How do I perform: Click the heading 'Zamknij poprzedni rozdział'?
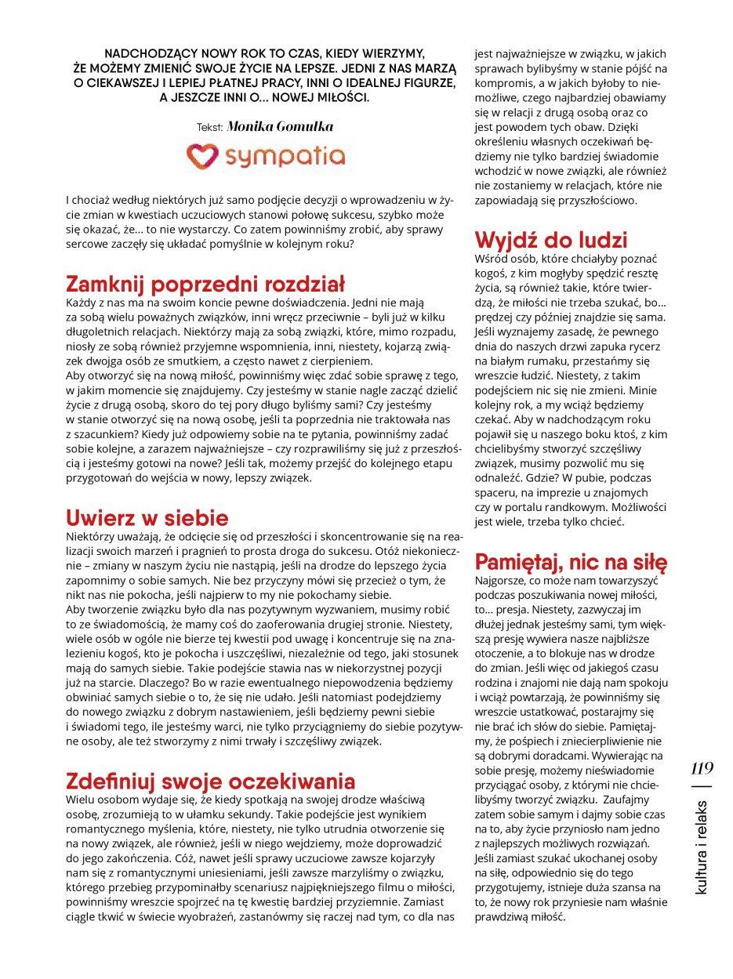point(205,284)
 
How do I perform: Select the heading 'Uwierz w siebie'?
point(147,518)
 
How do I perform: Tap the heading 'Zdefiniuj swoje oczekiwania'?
point(211,781)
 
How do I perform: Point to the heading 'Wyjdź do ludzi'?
point(551,240)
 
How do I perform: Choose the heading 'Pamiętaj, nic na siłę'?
point(571,562)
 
